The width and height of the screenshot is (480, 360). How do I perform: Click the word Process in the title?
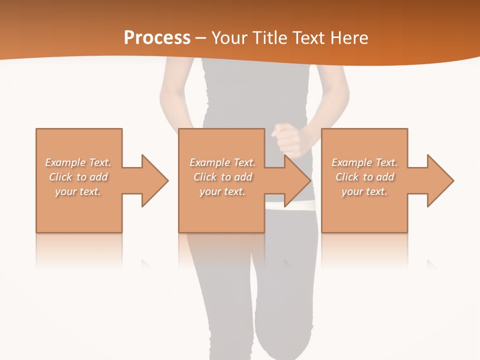pos(157,37)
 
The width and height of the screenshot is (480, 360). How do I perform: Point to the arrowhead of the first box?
pos(155,180)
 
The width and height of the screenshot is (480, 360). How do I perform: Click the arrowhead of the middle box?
pos(298,180)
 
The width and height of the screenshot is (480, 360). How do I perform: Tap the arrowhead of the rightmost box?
pos(440,180)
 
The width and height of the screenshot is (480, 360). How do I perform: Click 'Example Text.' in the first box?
pos(78,162)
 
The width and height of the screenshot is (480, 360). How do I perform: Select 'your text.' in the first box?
pos(78,191)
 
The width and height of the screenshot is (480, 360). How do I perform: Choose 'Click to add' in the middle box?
pos(222,177)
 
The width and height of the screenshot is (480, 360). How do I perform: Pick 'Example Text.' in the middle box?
pos(222,162)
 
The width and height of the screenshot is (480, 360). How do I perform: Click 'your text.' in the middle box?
pos(222,191)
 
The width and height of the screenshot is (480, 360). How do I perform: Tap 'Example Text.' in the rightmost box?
pos(364,162)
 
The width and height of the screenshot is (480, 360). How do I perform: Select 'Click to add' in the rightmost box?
pos(364,177)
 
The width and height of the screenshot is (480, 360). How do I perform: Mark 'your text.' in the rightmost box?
pos(364,191)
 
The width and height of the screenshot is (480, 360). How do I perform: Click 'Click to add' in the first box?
pos(78,177)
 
